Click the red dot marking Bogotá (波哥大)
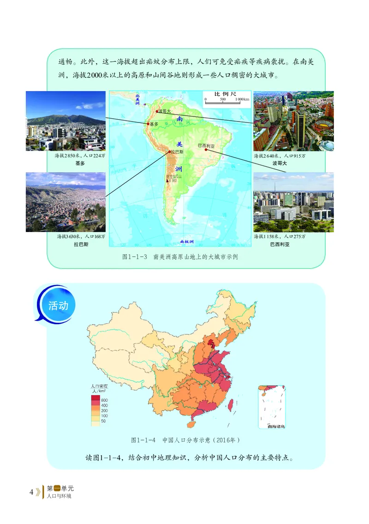(157, 111)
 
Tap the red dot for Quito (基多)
(148, 124)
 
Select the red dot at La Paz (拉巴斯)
(169, 151)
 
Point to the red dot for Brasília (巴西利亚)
(206, 149)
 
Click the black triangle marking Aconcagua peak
(168, 181)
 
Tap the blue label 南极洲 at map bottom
(187, 241)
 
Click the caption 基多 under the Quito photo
(79, 163)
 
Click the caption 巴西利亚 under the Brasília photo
(280, 245)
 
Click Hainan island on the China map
(188, 421)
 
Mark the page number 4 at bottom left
(31, 492)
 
